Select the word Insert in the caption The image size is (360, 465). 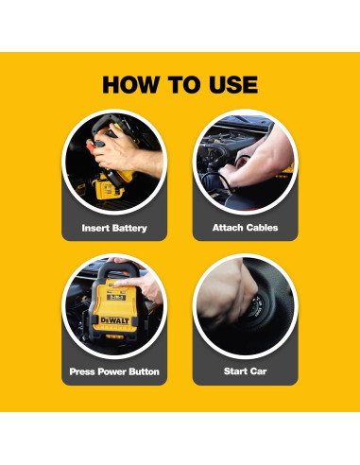pyautogui.click(x=96, y=229)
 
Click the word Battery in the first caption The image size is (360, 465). pyautogui.click(x=132, y=229)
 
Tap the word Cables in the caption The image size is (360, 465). pyautogui.click(x=263, y=229)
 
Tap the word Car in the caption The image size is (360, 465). pyautogui.click(x=259, y=371)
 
